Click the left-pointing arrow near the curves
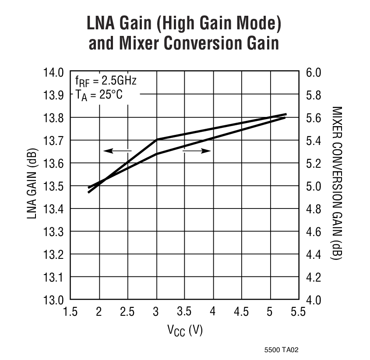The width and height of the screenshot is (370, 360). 117,151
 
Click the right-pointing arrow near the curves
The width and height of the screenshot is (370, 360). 197,151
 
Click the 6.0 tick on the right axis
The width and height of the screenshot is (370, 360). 314,72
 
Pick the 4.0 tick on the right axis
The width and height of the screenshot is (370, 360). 314,300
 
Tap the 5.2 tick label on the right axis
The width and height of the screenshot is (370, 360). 314,163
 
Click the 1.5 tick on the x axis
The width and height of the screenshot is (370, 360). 71,312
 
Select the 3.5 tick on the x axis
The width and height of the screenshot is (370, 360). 184,312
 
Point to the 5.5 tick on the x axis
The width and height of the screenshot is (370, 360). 298,312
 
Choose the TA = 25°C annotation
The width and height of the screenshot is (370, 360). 99,95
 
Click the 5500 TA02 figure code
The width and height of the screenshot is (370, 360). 282,350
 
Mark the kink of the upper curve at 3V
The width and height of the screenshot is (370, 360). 157,140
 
